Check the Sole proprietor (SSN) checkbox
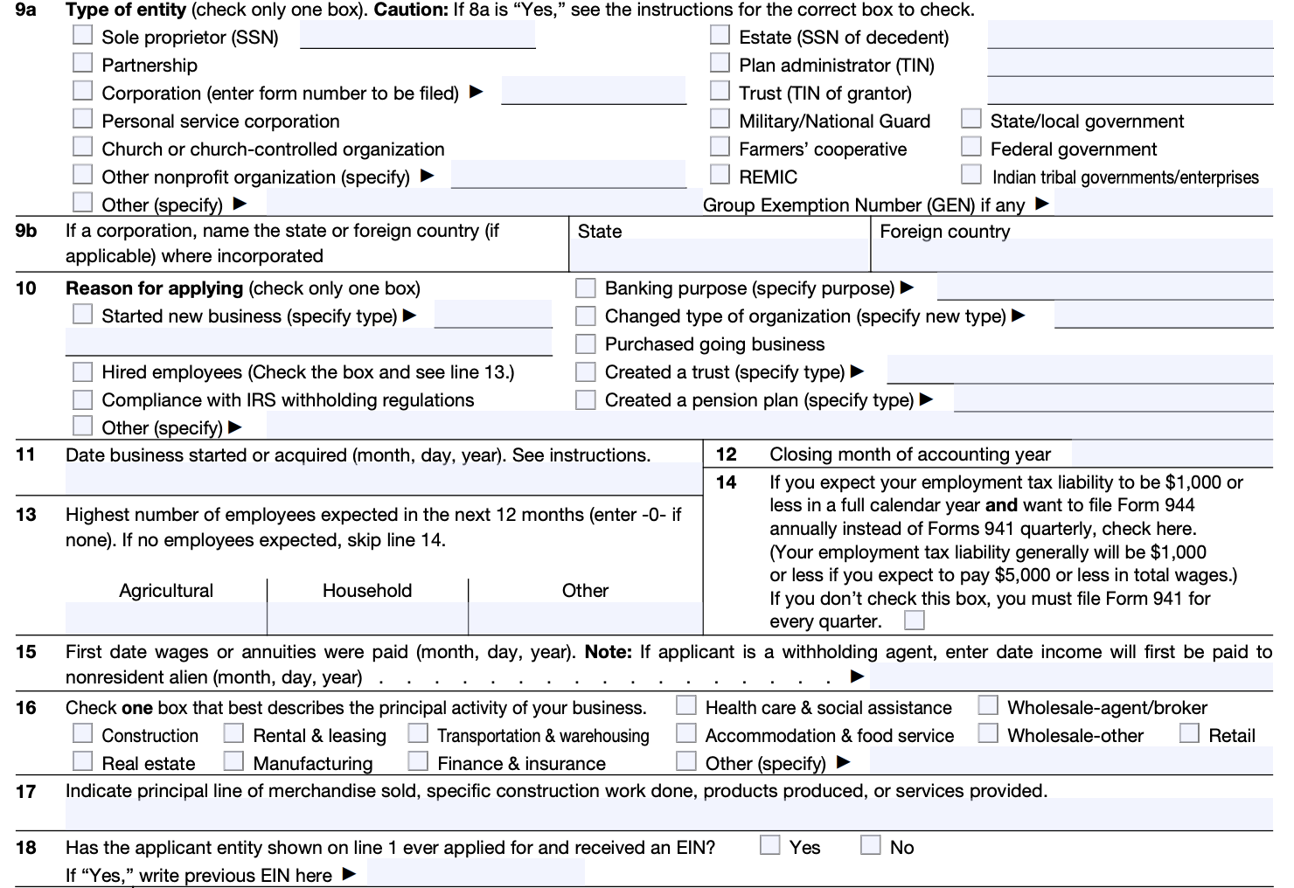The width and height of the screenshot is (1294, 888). click(83, 35)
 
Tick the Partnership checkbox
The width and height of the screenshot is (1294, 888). click(83, 63)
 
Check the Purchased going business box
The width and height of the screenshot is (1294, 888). click(586, 343)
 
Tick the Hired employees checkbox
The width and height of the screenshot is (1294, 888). click(83, 371)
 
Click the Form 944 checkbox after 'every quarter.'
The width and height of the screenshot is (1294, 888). click(915, 621)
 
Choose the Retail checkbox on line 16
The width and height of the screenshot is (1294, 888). click(1189, 733)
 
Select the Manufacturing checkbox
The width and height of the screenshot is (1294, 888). click(233, 761)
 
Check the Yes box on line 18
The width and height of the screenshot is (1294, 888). click(770, 845)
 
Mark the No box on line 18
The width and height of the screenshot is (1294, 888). click(871, 845)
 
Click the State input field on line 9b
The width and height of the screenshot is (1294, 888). click(719, 255)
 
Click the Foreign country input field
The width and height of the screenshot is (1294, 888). click(1071, 255)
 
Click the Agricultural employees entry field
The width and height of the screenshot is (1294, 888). click(165, 618)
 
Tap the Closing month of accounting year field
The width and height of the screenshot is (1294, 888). click(1172, 454)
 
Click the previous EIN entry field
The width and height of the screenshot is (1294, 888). click(476, 872)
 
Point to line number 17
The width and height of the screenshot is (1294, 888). click(26, 792)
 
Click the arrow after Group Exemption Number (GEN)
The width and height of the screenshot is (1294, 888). click(1041, 204)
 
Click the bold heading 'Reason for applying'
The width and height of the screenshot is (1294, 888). click(154, 288)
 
